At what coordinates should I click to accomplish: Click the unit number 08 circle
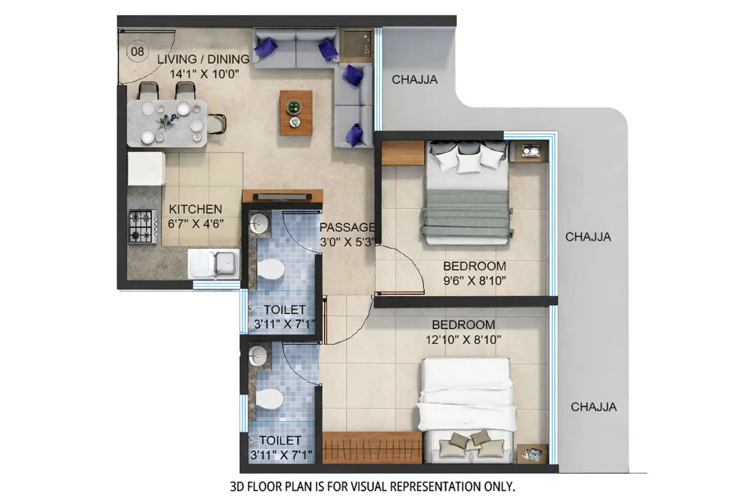click(138, 51)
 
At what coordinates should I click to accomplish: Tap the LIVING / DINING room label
click(203, 59)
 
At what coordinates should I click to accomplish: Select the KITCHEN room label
click(195, 209)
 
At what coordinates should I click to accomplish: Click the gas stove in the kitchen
click(141, 226)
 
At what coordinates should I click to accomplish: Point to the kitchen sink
click(224, 264)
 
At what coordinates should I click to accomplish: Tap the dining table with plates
click(167, 123)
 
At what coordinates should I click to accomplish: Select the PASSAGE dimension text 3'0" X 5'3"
click(347, 242)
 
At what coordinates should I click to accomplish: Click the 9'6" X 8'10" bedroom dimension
click(474, 280)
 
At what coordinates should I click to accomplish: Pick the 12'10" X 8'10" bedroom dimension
click(463, 340)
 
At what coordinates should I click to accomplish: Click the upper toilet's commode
click(270, 269)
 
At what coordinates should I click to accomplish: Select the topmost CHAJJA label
click(414, 79)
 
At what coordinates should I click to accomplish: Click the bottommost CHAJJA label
click(593, 407)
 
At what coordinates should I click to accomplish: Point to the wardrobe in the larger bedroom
click(372, 448)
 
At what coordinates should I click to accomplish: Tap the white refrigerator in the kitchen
click(146, 169)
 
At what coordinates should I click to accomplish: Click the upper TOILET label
click(284, 310)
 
